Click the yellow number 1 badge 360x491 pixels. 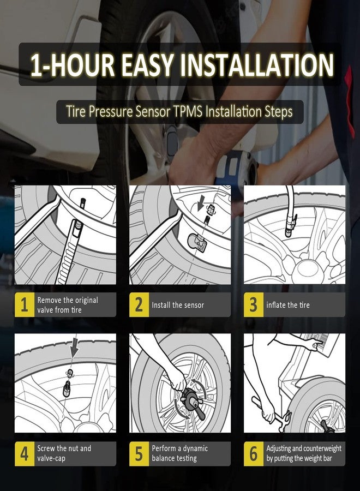25,304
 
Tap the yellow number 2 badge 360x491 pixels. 139,304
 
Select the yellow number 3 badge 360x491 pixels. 254,304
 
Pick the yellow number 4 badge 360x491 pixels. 25,454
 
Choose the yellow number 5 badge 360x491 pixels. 139,454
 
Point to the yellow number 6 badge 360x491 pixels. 254,454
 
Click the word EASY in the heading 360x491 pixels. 147,65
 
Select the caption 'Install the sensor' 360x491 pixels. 178,305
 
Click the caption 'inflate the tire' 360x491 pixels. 288,305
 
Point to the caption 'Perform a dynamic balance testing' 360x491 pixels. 179,453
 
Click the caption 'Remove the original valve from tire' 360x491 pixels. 68,305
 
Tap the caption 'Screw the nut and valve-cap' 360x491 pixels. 64,453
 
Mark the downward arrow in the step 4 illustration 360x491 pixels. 74,348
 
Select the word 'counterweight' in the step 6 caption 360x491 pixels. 322,448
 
